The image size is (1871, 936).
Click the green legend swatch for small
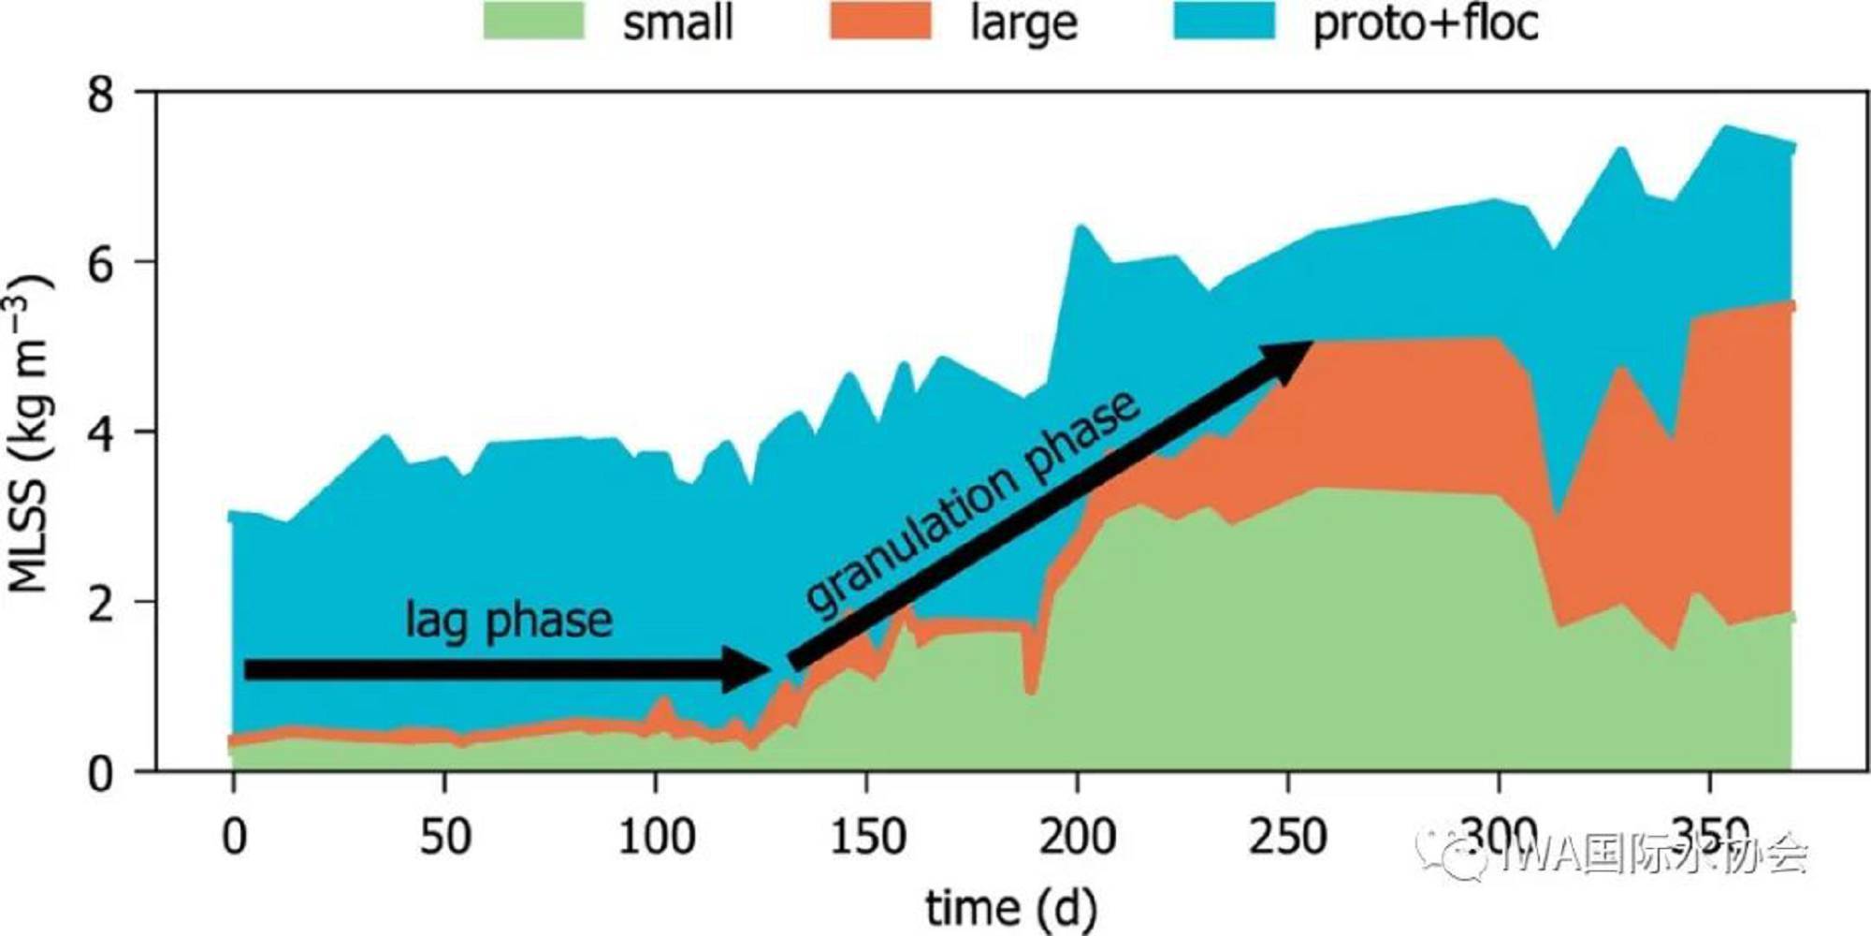534,21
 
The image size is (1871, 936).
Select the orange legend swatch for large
880,21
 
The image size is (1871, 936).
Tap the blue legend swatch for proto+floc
1225,21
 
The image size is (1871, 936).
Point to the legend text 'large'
1023,23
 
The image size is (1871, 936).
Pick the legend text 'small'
678,23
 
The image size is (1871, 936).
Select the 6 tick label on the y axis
101,263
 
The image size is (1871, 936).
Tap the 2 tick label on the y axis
101,604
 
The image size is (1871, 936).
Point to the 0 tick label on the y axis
101,774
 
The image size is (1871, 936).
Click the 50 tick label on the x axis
444,836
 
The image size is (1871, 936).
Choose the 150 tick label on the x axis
867,836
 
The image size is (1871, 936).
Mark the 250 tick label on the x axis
1288,836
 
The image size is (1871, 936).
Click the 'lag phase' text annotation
509,621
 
